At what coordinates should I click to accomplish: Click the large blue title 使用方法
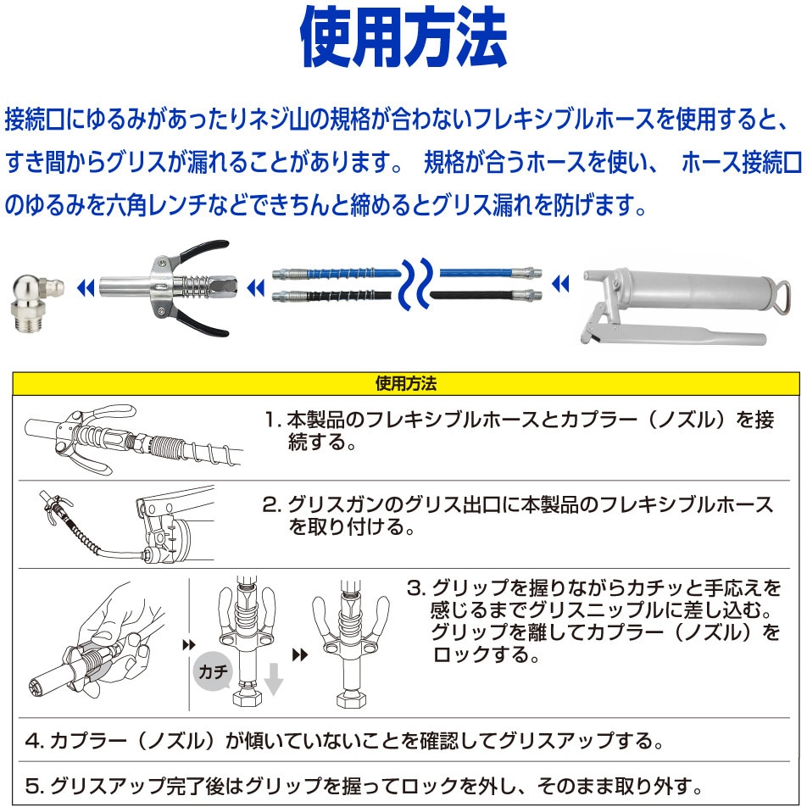pos(403,38)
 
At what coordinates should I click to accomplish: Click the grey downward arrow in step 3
pos(273,677)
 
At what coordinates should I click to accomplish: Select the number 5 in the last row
pos(33,784)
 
